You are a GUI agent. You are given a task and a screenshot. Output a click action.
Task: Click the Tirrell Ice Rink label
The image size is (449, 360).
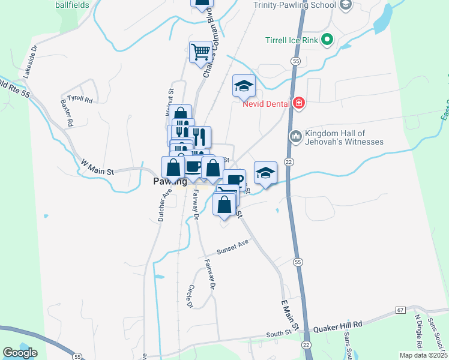(x=291, y=41)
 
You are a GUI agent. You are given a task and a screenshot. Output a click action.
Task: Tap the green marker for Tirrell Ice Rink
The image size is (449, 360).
(x=327, y=41)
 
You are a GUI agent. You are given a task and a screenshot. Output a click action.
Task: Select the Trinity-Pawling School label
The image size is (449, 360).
(x=295, y=5)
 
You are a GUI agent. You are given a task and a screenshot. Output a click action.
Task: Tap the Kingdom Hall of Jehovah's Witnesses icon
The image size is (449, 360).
(x=295, y=137)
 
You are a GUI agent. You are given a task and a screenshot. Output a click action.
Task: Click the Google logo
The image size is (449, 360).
(x=20, y=352)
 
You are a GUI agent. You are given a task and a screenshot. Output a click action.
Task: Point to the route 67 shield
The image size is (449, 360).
(x=400, y=310)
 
